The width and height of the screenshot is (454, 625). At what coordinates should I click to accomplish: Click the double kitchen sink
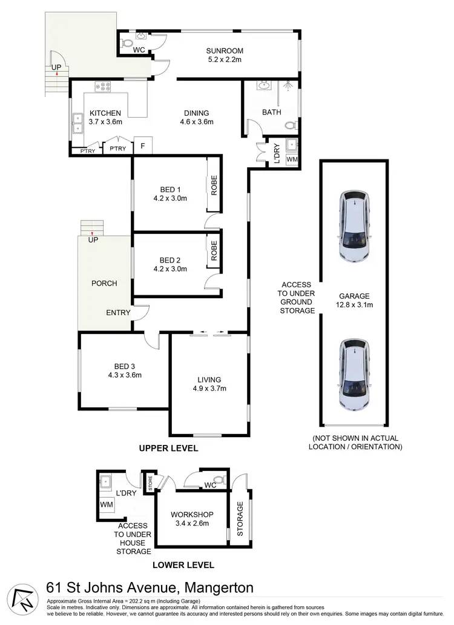[x=78, y=123]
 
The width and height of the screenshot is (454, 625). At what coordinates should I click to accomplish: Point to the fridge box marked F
[x=143, y=145]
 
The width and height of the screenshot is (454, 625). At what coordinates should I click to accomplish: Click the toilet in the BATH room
[x=291, y=125]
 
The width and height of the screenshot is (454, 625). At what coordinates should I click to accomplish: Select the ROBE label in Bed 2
[x=214, y=251]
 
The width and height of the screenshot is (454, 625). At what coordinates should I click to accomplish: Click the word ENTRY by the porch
[x=118, y=312]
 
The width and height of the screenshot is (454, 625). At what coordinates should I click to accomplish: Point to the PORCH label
[x=104, y=283]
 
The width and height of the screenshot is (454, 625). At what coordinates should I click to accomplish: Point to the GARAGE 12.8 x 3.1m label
[x=355, y=301]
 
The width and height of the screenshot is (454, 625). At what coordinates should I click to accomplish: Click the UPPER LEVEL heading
[x=168, y=449]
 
